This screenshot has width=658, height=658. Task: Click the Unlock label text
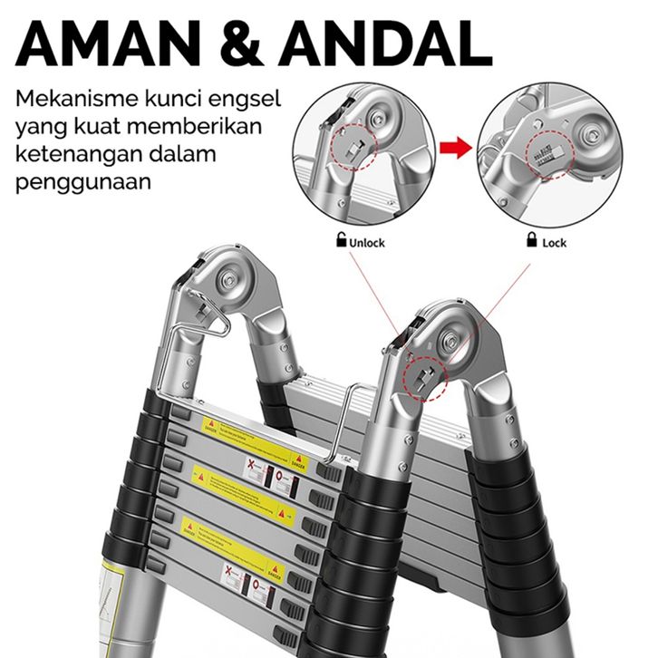pyautogui.click(x=367, y=242)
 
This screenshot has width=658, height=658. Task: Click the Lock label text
pyautogui.click(x=554, y=242)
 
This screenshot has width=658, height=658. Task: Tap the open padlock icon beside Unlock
pyautogui.click(x=342, y=241)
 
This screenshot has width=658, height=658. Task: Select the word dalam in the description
pyautogui.click(x=189, y=153)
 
